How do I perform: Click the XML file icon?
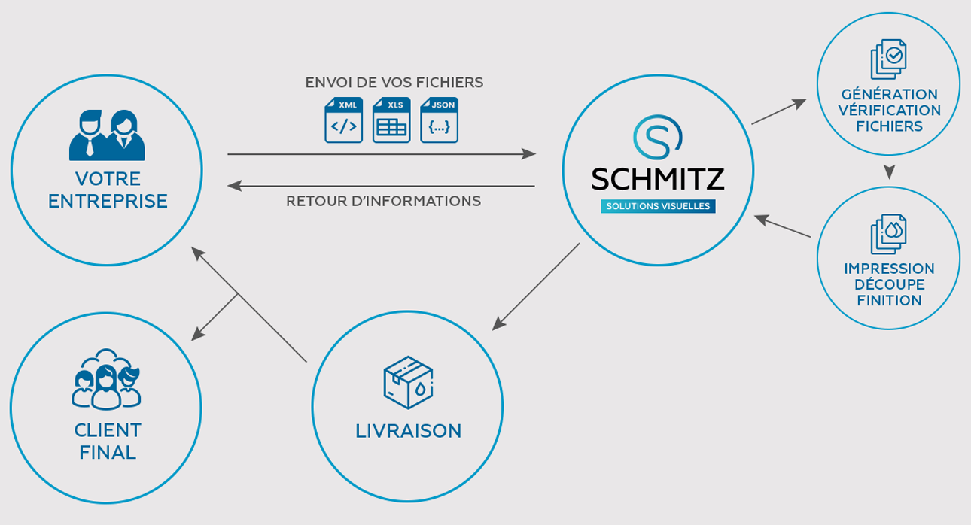click(x=343, y=120)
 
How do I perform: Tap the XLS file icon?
click(x=391, y=120)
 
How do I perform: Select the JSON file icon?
click(x=440, y=120)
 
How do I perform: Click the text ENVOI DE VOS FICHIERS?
click(x=394, y=83)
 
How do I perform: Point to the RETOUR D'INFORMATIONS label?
click(x=383, y=202)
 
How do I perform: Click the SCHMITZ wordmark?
click(x=657, y=179)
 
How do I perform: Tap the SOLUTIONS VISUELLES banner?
click(x=657, y=206)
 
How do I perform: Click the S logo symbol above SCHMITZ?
click(x=657, y=136)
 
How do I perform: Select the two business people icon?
click(x=107, y=135)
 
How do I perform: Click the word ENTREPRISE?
click(x=107, y=202)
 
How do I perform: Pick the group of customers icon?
click(x=106, y=379)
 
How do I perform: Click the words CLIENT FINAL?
click(x=107, y=441)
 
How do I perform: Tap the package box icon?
click(x=408, y=382)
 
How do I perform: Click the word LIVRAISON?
click(x=408, y=431)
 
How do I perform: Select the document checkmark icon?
click(x=888, y=59)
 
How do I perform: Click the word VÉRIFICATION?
click(x=888, y=111)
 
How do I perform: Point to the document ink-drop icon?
click(x=888, y=233)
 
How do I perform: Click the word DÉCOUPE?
click(x=888, y=284)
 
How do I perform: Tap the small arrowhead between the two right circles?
click(x=889, y=172)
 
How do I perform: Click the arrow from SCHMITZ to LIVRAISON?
click(x=536, y=287)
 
